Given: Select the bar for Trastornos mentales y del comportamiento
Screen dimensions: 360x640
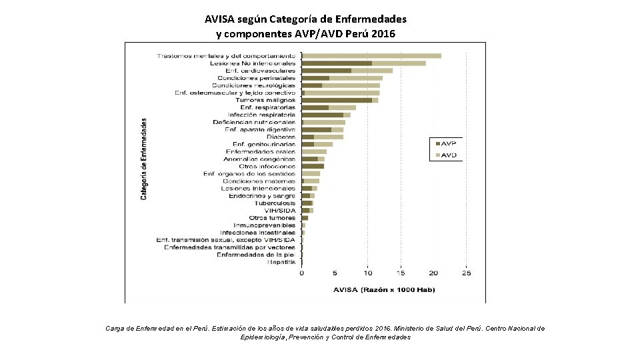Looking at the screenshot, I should pos(371,55).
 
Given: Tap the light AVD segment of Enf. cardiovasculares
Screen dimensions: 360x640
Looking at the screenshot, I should pos(371,71).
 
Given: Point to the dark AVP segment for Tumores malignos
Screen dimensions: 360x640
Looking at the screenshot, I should pos(337,100).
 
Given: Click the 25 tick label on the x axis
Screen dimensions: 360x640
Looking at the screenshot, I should pos(466,273).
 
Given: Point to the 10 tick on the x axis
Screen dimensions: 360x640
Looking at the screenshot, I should pos(367,273).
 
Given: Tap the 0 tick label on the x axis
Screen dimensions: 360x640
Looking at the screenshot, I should pos(302,273).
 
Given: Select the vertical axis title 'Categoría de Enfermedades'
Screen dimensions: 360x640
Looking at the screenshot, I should pos(143,159).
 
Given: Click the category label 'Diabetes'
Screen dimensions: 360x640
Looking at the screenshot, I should pos(281,137).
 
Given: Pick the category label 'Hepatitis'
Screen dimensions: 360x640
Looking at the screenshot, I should pos(281,262).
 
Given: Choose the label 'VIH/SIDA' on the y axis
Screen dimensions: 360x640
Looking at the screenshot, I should pos(280,210).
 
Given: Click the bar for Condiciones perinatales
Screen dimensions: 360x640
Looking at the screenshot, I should pos(342,78).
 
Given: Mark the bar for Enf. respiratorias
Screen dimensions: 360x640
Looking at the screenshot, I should pos(329,107).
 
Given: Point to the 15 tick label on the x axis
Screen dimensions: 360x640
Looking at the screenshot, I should pos(400,273).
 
